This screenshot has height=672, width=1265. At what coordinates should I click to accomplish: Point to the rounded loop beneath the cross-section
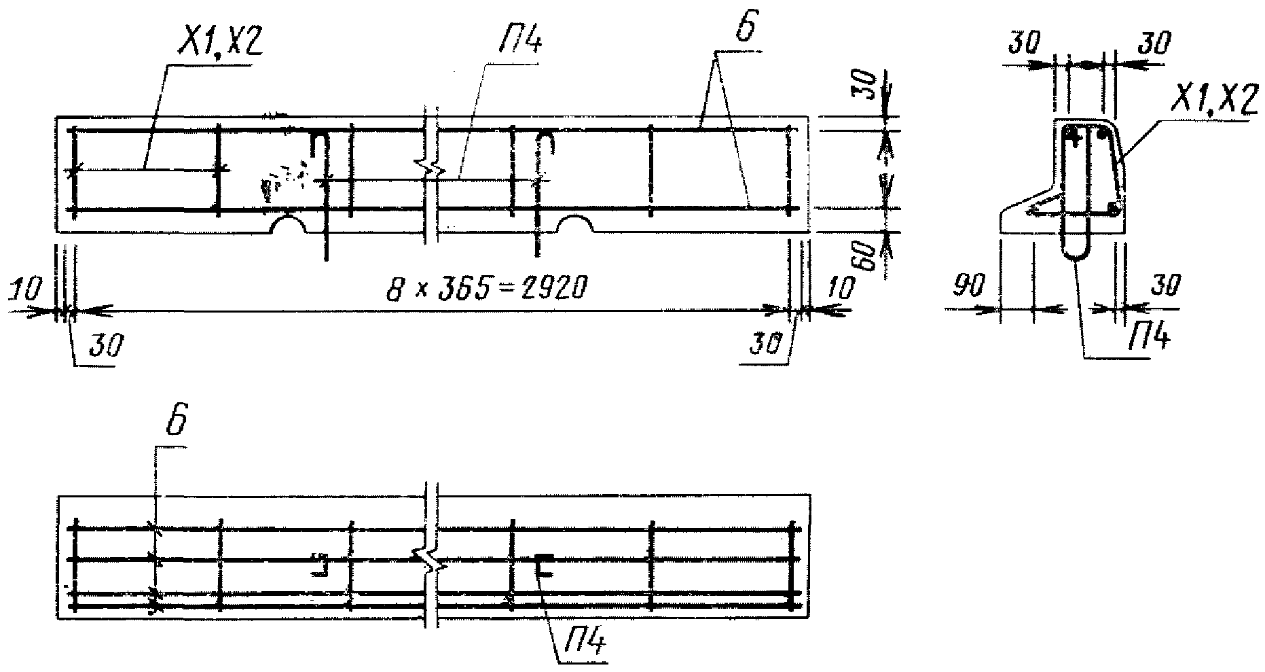[x=1076, y=248]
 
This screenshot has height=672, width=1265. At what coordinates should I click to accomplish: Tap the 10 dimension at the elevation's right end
[x=841, y=289]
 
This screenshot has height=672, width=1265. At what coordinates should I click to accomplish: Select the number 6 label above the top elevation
[x=745, y=29]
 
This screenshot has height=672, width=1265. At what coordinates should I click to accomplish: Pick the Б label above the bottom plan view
[x=175, y=423]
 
